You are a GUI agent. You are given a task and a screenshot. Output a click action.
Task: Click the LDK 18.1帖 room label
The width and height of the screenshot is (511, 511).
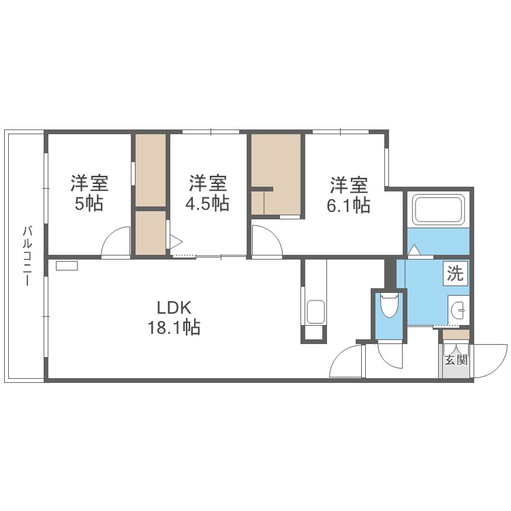click(x=174, y=317)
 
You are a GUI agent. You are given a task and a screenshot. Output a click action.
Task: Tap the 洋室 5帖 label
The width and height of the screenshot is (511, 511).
click(x=90, y=193)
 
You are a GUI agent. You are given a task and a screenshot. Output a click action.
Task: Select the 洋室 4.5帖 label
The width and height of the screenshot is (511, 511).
click(x=208, y=193)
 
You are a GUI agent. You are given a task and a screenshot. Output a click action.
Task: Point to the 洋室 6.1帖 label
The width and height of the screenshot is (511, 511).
click(x=350, y=195)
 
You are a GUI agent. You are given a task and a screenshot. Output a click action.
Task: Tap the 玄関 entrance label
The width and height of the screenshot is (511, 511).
click(x=456, y=360)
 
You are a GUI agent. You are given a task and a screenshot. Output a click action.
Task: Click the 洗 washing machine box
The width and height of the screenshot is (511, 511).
click(x=455, y=274)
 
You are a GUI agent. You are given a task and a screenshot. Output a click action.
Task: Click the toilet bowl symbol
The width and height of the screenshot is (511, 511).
click(x=389, y=306)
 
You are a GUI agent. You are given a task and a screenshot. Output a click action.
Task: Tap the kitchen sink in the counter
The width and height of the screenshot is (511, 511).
click(x=315, y=313)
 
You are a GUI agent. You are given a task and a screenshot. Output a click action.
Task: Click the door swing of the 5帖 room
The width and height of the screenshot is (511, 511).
click(x=117, y=243)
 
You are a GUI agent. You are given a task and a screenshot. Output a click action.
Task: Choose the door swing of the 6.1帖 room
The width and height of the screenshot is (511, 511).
click(x=266, y=243)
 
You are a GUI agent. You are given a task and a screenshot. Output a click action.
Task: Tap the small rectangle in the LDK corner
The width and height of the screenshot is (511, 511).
click(x=67, y=266)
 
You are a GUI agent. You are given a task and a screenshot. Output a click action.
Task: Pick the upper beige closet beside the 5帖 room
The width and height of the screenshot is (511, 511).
click(x=151, y=170)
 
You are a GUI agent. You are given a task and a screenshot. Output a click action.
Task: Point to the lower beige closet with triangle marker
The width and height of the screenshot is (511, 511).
click(x=151, y=233)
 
